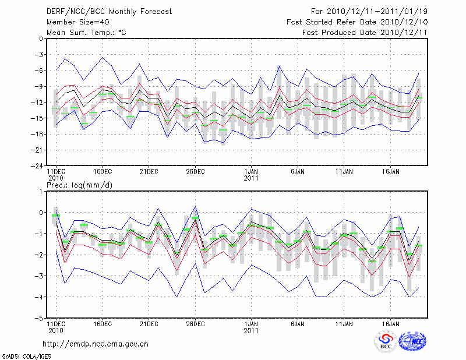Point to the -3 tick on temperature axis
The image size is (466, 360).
click(x=40, y=54)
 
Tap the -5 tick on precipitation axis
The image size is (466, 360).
click(x=40, y=318)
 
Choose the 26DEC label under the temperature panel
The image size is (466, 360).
click(x=196, y=172)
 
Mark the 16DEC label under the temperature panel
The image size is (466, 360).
click(x=103, y=172)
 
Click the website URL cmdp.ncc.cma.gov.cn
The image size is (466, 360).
click(x=96, y=344)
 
